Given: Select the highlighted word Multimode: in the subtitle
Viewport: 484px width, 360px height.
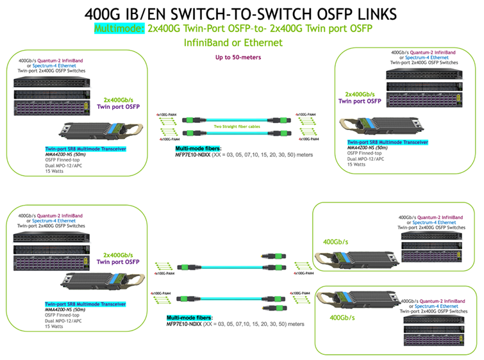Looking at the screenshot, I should (x=120, y=29).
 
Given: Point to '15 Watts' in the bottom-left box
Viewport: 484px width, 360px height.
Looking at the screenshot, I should (x=56, y=327).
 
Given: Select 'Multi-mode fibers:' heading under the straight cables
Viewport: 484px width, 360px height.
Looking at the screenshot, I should (x=194, y=149).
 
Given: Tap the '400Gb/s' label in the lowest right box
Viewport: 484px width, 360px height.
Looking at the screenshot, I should (x=342, y=317).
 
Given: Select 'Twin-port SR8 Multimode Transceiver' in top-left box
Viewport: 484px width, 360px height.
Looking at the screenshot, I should (x=85, y=149).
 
